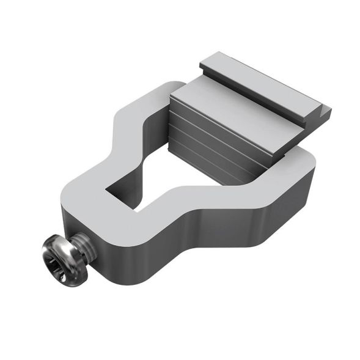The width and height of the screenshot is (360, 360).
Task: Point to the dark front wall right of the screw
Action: click(122, 244)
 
